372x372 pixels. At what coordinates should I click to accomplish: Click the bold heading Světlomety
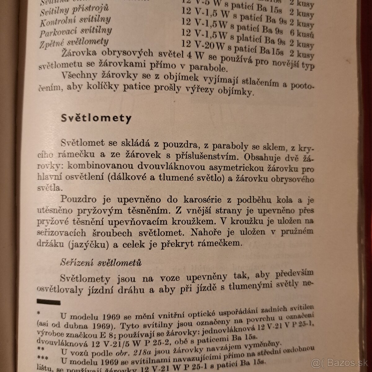click(96, 118)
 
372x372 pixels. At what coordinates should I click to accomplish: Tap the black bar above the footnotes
click(49, 301)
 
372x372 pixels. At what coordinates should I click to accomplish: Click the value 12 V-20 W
click(203, 46)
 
